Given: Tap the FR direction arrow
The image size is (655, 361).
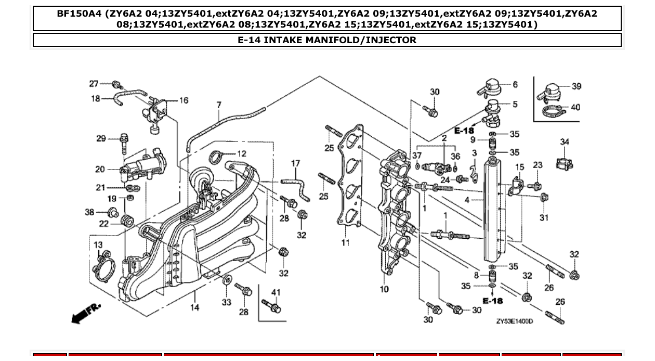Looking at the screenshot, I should pos(86,313).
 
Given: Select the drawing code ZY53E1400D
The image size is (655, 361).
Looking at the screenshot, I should pos(514,321).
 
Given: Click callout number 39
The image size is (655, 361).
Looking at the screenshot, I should pos(576,86).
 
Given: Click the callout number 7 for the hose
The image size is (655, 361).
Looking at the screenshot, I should pos(219,105).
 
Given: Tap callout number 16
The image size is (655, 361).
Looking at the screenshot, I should pos(184,100).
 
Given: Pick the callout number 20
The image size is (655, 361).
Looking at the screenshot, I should pos(100,169).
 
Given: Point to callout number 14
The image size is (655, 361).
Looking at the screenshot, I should pos(194,308).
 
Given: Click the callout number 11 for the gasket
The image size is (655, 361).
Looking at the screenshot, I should pos(345,242).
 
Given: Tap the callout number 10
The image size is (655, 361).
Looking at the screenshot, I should pos(384,289).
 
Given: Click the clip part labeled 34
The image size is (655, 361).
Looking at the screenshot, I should pos(564,163).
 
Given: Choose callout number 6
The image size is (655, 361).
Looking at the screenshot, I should pos(515,84).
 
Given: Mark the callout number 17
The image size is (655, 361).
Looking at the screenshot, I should pos(295,163).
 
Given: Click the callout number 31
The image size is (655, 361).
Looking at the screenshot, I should pos(543,218).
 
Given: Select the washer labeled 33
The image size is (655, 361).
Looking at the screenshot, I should pos(227,281).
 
